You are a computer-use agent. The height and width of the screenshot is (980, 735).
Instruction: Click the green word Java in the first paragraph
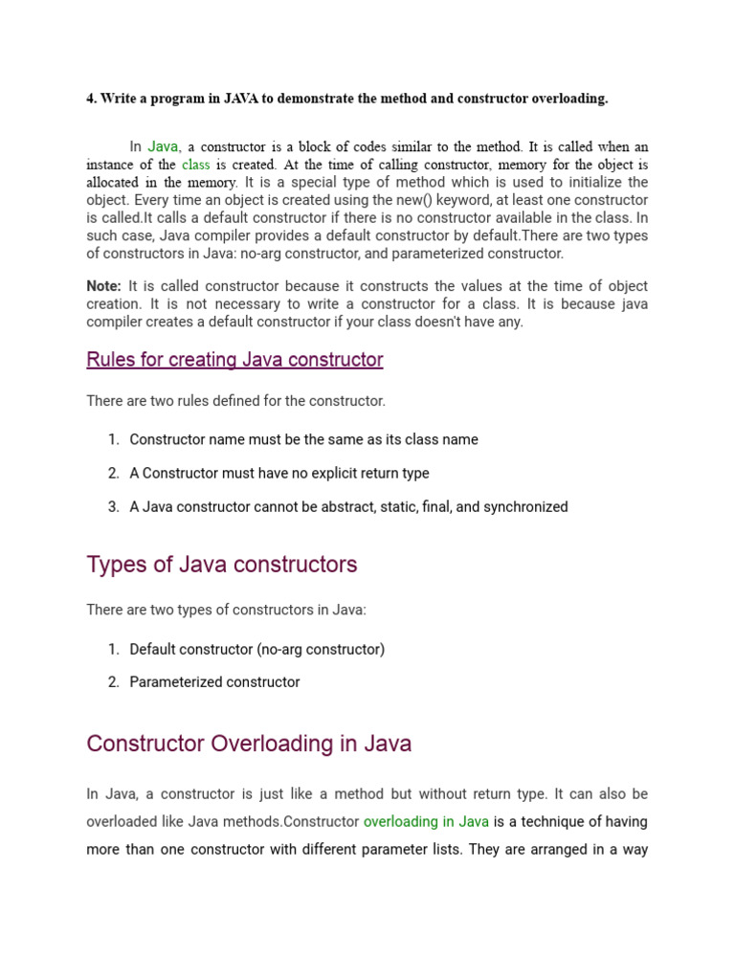[x=163, y=146]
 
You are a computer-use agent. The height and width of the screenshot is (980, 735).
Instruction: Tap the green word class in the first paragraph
[x=195, y=165]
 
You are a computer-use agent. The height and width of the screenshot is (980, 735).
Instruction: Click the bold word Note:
[x=103, y=286]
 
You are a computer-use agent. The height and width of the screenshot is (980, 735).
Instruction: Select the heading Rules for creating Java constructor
[x=234, y=360]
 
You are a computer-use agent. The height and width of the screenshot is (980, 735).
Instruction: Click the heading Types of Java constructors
[x=221, y=565]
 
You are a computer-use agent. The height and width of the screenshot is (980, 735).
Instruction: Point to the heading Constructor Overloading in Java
[x=249, y=744]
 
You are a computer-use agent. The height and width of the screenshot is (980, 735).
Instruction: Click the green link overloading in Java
[x=426, y=821]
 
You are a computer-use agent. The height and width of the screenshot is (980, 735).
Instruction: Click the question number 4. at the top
[x=91, y=99]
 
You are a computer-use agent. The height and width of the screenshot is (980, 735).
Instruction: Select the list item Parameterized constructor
[x=214, y=682]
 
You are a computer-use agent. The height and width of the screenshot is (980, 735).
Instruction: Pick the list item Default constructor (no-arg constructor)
[x=256, y=649]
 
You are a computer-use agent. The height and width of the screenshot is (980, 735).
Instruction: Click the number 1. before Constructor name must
[x=113, y=439]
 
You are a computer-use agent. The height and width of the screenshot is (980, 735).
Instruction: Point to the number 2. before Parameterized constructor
[x=113, y=682]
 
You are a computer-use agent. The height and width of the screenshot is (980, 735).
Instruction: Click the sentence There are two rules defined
[x=235, y=401]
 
